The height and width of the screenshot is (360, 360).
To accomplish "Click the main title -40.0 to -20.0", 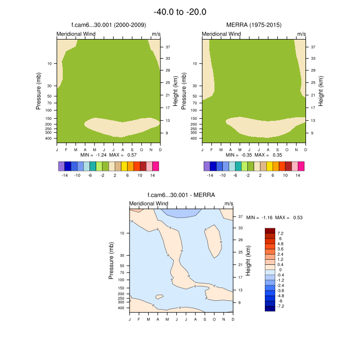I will click(x=180, y=12).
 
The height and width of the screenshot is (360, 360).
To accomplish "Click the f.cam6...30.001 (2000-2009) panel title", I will click(x=109, y=25).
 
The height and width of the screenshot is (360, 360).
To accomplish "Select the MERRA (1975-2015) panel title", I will click(x=254, y=25).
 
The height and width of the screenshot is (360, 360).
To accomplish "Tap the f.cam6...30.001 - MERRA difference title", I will click(x=181, y=195).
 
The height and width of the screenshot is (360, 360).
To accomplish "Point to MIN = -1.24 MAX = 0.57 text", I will click(x=109, y=155).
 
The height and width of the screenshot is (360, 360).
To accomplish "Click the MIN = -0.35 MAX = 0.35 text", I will click(x=254, y=155).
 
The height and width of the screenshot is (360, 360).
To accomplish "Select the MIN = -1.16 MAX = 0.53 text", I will click(x=275, y=218).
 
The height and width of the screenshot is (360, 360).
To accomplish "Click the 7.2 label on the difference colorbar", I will click(x=280, y=233).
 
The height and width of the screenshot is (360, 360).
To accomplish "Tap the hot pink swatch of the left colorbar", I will click(x=156, y=166).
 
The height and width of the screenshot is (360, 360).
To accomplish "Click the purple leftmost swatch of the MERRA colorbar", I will click(x=207, y=166).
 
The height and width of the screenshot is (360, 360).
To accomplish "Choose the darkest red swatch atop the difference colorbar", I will click(x=270, y=231).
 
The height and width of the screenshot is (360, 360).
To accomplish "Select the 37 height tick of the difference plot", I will click(x=240, y=217).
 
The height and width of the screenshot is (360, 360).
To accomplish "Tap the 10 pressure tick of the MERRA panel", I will click(x=194, y=64).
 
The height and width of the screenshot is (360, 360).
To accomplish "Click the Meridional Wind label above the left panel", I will click(x=76, y=34).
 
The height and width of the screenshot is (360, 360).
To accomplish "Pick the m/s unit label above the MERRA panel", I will click(x=301, y=34).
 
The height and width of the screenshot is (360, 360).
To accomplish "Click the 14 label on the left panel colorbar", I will click(x=152, y=175).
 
